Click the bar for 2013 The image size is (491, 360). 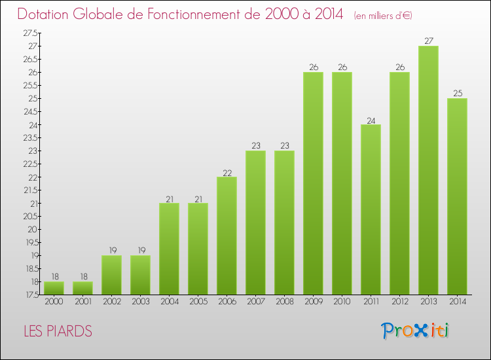tap(428, 170)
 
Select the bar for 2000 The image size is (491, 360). tap(54, 288)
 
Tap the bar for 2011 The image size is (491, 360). tap(371, 209)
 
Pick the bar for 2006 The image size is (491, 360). tap(227, 236)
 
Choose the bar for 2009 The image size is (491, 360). tap(313, 183)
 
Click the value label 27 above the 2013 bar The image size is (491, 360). tap(428, 41)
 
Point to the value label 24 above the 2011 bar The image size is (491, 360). tap(371, 119)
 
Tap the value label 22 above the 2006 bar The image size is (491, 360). tap(227, 171)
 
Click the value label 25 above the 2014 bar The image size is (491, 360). tap(457, 93)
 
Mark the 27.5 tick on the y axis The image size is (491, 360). tap(30, 33)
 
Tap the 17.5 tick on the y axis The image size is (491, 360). tap(30, 295)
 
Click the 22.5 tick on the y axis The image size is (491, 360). tap(30, 164)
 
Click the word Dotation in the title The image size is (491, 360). tap(50, 14)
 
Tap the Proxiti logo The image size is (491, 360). tap(416, 331)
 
